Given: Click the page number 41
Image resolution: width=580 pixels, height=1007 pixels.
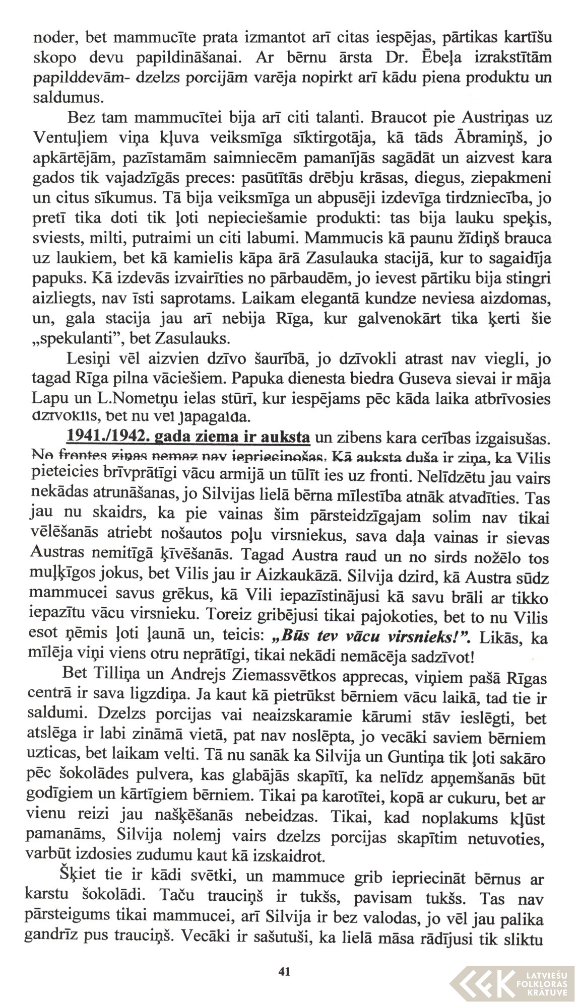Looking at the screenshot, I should coord(284,971).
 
